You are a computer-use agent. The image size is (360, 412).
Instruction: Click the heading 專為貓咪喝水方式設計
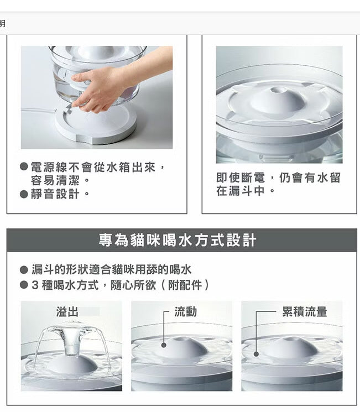(178, 240)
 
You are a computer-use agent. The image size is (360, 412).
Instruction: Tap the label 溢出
(67, 311)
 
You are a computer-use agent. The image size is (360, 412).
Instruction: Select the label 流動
(185, 311)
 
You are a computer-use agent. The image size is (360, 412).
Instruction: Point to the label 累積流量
(304, 311)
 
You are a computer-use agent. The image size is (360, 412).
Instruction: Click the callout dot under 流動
(164, 345)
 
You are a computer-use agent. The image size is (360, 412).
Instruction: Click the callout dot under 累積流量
(256, 354)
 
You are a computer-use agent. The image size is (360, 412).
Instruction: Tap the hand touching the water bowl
(102, 88)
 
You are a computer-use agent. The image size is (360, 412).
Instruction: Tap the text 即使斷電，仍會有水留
(278, 178)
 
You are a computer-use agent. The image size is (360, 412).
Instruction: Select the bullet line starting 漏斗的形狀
(111, 269)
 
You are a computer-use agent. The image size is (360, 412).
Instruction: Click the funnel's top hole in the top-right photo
(280, 90)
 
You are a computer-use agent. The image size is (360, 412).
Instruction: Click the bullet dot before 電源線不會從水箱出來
(24, 167)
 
